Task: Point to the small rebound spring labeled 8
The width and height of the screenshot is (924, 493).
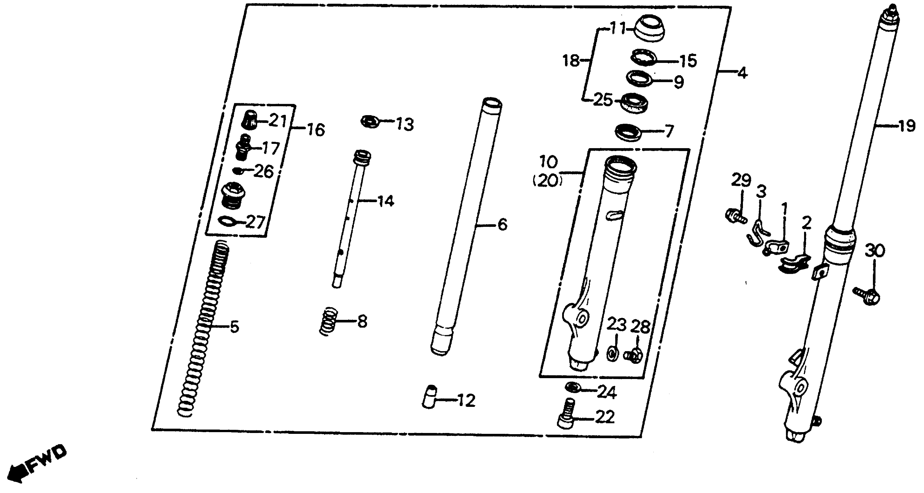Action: [328, 321]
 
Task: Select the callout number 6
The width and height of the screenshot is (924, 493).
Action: [502, 225]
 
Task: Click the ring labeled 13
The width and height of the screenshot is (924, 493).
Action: [370, 121]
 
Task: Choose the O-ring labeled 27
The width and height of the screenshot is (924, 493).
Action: [227, 222]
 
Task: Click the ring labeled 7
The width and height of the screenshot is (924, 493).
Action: [629, 133]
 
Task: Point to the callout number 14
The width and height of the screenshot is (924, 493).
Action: [386, 202]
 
